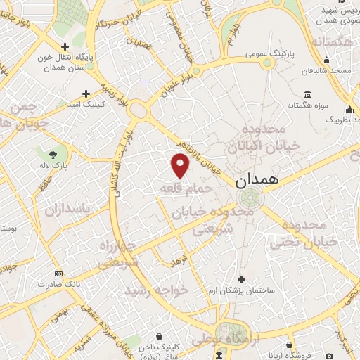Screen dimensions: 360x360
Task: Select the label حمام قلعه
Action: [185, 189]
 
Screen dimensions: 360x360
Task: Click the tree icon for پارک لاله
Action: [53, 153]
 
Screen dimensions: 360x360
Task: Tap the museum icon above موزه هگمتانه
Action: [307, 94]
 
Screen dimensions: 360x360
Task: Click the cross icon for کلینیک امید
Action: [86, 93]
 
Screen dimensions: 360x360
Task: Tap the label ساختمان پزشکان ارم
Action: [242, 290]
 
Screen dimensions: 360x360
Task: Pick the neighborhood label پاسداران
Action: [68, 209]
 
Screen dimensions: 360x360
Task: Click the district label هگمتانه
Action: [328, 44]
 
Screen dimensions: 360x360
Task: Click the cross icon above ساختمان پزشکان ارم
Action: [242, 279]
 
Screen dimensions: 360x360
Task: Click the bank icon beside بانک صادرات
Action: [58, 274]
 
